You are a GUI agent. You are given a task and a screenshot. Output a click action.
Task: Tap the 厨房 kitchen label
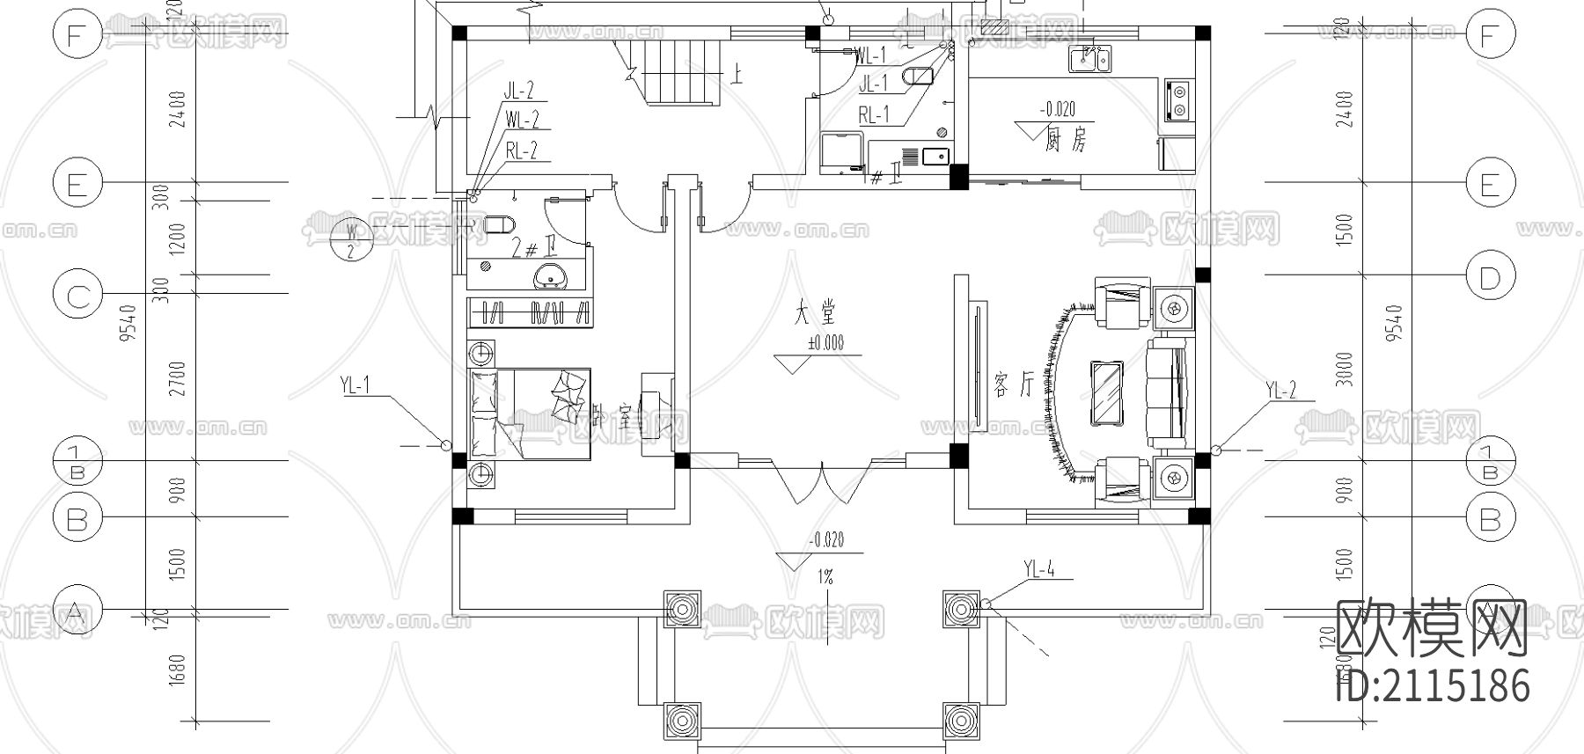click(x=1066, y=139)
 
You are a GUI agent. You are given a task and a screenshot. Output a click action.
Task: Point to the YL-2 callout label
click(x=1280, y=391)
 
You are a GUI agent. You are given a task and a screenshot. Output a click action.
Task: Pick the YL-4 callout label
click(x=1039, y=570)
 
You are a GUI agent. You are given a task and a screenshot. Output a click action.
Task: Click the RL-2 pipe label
click(x=522, y=151)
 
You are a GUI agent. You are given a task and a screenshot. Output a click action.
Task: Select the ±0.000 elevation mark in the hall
click(x=825, y=343)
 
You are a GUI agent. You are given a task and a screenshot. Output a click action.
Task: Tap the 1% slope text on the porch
click(x=825, y=577)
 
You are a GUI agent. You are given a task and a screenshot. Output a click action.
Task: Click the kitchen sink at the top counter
click(x=1089, y=59)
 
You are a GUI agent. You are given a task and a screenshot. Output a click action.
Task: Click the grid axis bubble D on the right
click(x=1489, y=279)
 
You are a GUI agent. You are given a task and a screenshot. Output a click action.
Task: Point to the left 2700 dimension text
click(x=180, y=378)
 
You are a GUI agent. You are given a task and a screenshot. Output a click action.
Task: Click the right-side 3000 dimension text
click(x=1344, y=370)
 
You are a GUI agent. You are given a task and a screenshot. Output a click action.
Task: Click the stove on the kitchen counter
click(x=1177, y=99)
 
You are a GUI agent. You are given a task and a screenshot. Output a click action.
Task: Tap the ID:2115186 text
click(x=1433, y=685)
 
